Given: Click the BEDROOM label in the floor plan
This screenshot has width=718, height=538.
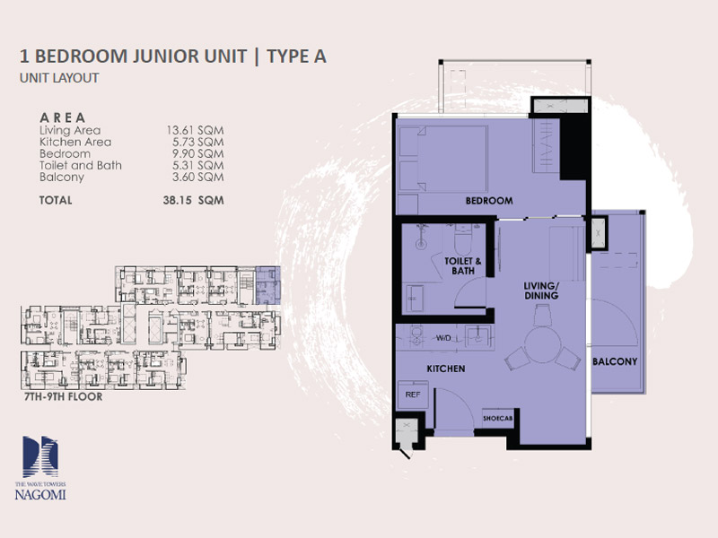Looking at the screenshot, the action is (x=489, y=200).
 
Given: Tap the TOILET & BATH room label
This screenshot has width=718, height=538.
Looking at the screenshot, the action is (x=463, y=265).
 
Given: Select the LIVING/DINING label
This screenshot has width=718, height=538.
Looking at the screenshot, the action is (x=541, y=291).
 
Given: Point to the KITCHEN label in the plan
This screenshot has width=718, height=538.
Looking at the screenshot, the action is (x=445, y=369).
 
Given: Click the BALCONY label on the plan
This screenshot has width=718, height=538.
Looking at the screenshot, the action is (x=615, y=361).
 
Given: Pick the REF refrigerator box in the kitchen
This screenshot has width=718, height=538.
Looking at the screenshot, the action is (x=413, y=394).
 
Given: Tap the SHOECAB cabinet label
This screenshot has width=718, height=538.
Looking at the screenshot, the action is (x=498, y=418).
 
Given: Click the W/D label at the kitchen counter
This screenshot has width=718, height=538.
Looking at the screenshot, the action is (x=443, y=338).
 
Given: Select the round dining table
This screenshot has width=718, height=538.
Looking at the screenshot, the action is (x=543, y=344).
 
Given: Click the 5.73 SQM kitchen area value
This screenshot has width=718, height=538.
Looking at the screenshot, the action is (x=197, y=142).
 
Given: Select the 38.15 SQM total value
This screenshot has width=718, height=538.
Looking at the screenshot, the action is (x=193, y=200).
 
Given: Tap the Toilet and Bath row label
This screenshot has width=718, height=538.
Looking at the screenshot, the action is (x=81, y=165).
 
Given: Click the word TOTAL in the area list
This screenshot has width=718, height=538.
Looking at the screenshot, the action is (x=56, y=200).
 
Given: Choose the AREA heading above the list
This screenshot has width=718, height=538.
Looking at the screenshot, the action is (x=63, y=117).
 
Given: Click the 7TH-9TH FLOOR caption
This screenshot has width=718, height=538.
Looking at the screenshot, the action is (x=63, y=396).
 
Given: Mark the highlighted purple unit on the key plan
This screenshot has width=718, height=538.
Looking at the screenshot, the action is (x=267, y=285).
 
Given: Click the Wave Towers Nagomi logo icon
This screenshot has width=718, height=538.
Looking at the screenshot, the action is (x=40, y=456).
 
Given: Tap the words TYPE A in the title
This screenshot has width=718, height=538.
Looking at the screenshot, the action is (x=297, y=56).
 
